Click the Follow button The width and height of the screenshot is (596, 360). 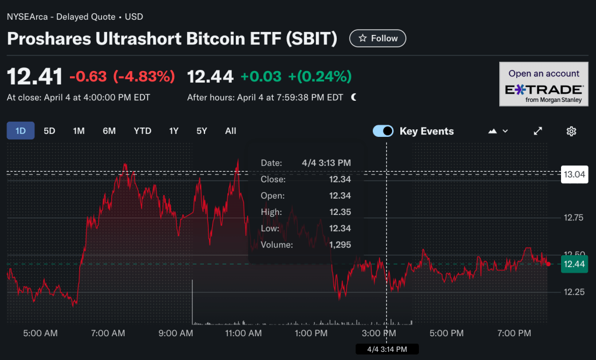[x=378, y=38]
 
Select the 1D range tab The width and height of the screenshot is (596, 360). [x=20, y=131]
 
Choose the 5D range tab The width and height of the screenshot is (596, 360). [x=50, y=131]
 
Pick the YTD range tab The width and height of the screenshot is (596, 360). [x=142, y=131]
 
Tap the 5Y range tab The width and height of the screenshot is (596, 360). [x=202, y=131]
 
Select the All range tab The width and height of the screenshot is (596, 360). [x=231, y=131]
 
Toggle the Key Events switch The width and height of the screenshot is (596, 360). [x=383, y=131]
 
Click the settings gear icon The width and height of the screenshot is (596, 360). [x=572, y=131]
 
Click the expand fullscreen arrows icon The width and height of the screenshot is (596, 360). [x=538, y=131]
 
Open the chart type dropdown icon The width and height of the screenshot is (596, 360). [x=498, y=131]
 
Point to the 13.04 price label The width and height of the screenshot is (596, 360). [x=573, y=174]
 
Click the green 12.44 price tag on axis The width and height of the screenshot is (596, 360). [x=574, y=264]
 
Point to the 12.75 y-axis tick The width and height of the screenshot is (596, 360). [x=573, y=218]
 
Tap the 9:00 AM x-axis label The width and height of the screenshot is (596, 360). [x=176, y=333]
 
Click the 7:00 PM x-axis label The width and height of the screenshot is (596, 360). [x=514, y=333]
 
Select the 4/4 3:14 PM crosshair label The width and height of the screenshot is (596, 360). [x=387, y=349]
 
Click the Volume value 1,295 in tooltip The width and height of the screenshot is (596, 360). [x=340, y=245]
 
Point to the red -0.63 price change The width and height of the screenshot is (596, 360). [x=88, y=76]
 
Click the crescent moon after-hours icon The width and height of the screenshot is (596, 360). [x=354, y=97]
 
